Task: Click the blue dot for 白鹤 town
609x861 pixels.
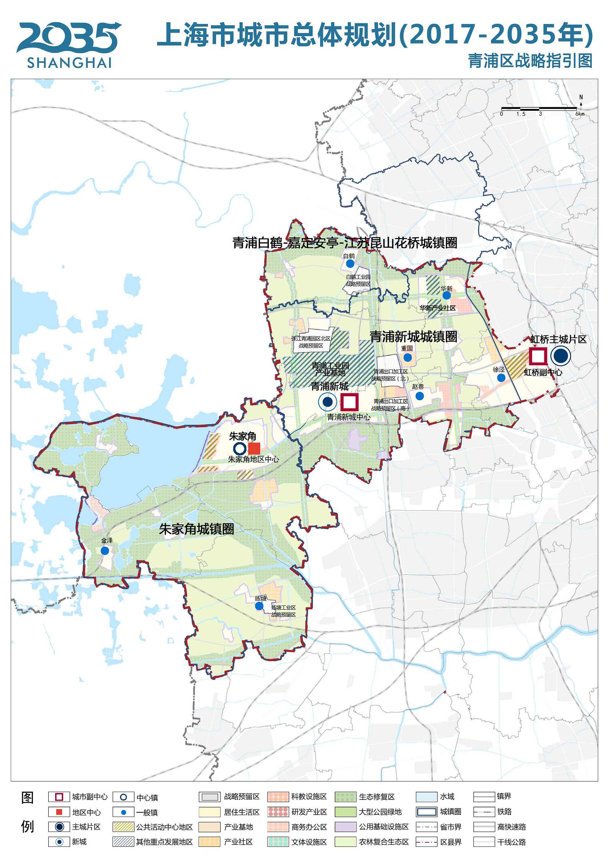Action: click(350, 264)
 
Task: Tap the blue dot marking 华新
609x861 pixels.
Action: click(447, 295)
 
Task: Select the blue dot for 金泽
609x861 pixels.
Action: click(105, 551)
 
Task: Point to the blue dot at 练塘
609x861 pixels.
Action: click(259, 606)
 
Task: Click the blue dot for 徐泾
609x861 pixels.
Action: click(501, 377)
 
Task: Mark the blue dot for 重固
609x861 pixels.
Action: click(408, 357)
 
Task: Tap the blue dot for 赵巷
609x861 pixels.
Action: click(419, 395)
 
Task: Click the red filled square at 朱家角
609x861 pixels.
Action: click(254, 448)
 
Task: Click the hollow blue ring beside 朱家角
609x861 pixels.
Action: click(240, 449)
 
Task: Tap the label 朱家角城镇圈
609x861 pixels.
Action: click(196, 529)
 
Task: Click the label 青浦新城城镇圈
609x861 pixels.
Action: click(413, 336)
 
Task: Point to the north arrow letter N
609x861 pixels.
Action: click(581, 97)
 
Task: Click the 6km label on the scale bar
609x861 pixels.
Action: click(580, 114)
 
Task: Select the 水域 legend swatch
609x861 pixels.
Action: click(426, 797)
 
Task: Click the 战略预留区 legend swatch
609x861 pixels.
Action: click(210, 797)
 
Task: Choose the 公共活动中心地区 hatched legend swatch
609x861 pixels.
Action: click(123, 827)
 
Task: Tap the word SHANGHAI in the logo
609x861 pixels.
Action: click(69, 62)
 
